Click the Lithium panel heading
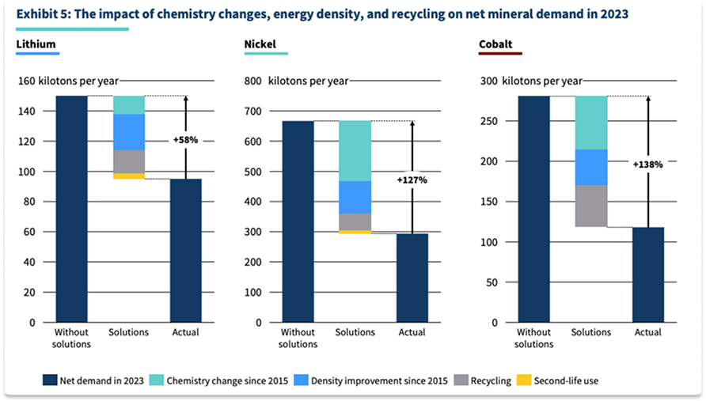pyautogui.click(x=37, y=44)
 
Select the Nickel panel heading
pyautogui.click(x=260, y=44)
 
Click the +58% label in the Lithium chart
pyautogui.click(x=185, y=140)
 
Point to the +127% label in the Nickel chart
pyautogui.click(x=412, y=180)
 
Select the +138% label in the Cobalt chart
pyautogui.click(x=647, y=165)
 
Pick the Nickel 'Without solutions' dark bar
pyautogui.click(x=298, y=221)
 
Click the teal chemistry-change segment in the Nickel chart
pyautogui.click(x=355, y=151)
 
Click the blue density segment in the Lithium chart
pyautogui.click(x=128, y=132)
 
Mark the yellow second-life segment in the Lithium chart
pyautogui.click(x=128, y=176)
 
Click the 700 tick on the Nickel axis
pyautogui.click(x=254, y=112)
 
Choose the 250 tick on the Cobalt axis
pyautogui.click(x=491, y=120)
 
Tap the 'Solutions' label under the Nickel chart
pyautogui.click(x=355, y=332)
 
